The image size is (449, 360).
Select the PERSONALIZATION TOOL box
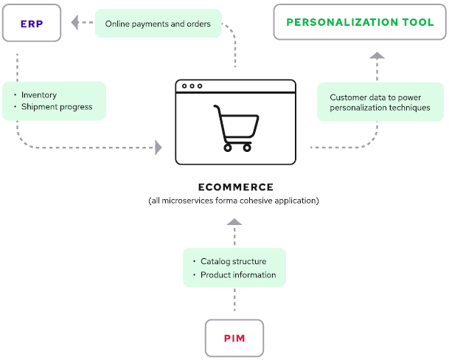[x=360, y=22]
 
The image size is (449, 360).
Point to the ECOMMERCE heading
[x=235, y=187]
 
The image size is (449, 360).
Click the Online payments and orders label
[x=158, y=24]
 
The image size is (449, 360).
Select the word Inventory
[x=38, y=95]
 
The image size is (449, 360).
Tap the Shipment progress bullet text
[x=57, y=107]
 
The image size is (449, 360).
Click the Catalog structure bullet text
[x=233, y=261]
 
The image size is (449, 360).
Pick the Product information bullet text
[x=238, y=275]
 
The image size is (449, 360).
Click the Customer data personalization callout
[x=380, y=103]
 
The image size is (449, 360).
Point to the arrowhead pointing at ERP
[x=76, y=23]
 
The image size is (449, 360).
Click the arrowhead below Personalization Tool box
[x=377, y=56]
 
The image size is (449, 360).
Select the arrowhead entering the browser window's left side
[x=158, y=148]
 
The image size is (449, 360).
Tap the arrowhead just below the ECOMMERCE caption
[x=234, y=221]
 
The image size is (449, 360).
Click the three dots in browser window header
[x=192, y=86]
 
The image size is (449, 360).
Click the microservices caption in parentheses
[x=235, y=201]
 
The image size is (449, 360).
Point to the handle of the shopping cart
[x=217, y=108]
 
